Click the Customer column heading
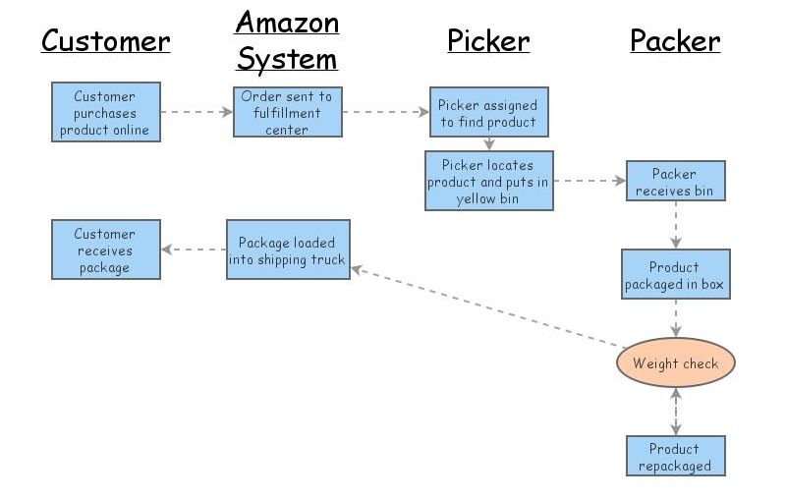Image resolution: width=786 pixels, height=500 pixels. pos(105,41)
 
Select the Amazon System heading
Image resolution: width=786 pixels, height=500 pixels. pos(287,41)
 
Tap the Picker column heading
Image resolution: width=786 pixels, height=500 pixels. pos(488,41)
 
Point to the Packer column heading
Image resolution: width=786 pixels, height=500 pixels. pos(675,41)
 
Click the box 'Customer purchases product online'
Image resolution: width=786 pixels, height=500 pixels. pos(105,113)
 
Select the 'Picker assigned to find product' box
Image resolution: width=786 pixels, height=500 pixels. pos(488,113)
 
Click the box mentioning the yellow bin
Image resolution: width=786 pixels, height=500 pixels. pos(488,181)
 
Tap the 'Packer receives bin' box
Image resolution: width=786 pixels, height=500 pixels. pos(675,181)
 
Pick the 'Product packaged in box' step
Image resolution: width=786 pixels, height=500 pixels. pos(675,274)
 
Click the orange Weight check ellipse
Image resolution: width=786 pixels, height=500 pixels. pos(675,363)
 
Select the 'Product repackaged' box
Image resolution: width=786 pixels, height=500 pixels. pos(675,456)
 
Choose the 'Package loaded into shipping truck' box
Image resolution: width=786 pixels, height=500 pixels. pos(288,250)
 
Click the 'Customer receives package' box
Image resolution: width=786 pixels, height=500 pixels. pos(105,250)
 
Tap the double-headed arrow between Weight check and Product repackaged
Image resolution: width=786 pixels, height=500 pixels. pos(675,411)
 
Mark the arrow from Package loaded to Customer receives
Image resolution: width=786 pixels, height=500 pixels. pos(194,250)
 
